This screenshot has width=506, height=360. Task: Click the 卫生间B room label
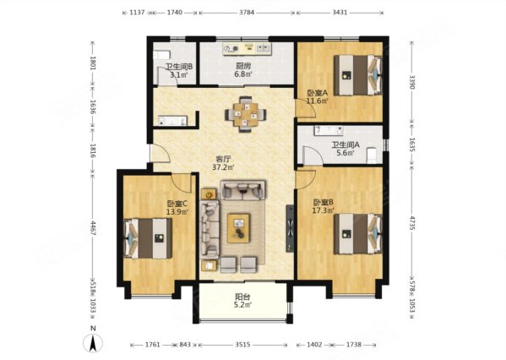coord(179,67)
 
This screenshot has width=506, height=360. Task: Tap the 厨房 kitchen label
coord(243,67)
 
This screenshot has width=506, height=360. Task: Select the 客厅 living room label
coord(223,159)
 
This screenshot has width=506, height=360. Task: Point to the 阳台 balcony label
coord(242,297)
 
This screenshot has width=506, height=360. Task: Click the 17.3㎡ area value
coord(324,210)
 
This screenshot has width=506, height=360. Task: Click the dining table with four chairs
coord(246,114)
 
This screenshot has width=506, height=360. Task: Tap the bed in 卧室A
coord(358,75)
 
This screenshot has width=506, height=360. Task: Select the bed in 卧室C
coord(148,238)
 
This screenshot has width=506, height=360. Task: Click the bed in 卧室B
coord(358,234)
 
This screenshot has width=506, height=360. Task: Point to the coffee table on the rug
coord(238,228)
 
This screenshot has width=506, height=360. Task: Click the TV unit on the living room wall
coord(290,228)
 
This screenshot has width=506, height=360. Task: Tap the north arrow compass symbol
coord(93,343)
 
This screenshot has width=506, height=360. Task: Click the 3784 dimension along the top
coord(247,13)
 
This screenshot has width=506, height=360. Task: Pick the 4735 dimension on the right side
coord(411,221)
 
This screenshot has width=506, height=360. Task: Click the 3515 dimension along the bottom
coord(242,345)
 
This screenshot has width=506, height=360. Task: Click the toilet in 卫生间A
coord(372,155)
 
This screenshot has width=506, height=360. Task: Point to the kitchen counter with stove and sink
coord(248,48)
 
